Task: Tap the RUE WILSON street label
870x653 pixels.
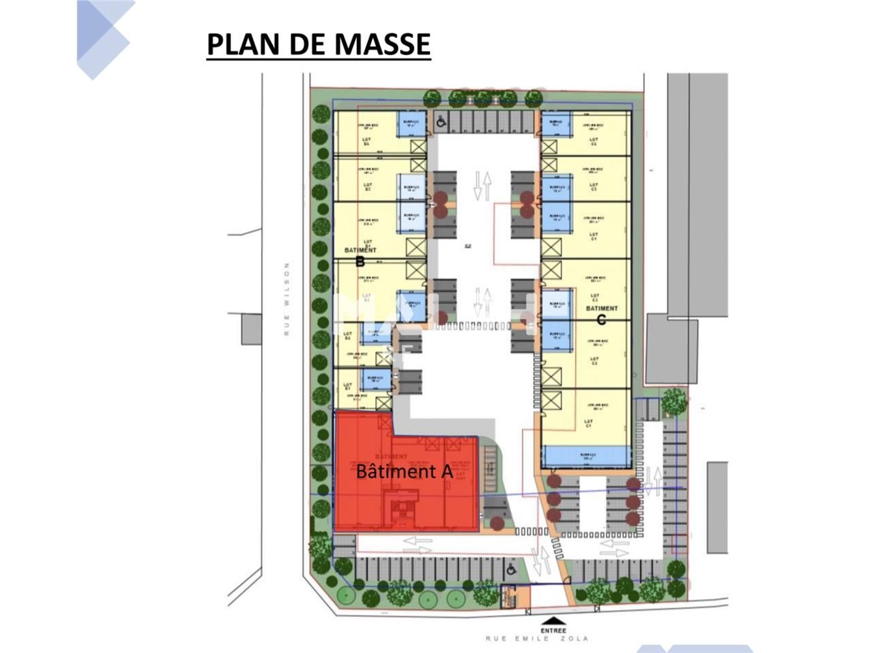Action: click(287, 299)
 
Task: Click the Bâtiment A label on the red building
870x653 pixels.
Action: click(404, 470)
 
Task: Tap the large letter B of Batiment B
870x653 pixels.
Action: click(360, 261)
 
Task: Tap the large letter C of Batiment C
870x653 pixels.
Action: click(601, 319)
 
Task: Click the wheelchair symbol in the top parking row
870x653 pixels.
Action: click(441, 122)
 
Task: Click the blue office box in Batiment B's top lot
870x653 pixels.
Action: click(411, 124)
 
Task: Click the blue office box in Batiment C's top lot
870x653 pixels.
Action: click(556, 124)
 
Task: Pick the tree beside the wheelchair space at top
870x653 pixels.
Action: click(432, 99)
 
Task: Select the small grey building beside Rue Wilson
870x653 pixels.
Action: click(251, 330)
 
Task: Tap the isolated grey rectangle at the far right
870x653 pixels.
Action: click(717, 507)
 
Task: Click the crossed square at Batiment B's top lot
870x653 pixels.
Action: click(418, 149)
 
